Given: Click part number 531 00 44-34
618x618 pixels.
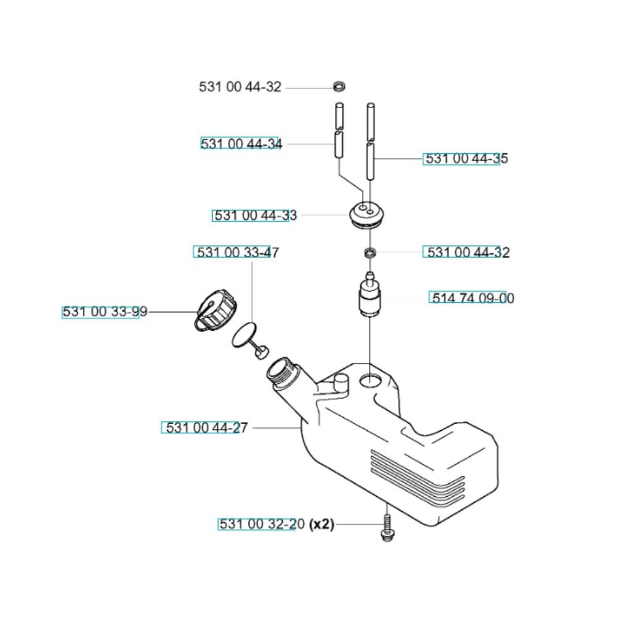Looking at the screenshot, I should click(x=242, y=144).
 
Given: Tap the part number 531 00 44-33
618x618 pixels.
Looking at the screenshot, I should click(x=255, y=216).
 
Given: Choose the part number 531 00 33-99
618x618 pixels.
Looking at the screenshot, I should click(x=105, y=312).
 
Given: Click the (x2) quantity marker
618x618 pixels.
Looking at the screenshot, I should click(x=321, y=525).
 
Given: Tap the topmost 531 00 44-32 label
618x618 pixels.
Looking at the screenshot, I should click(x=240, y=87).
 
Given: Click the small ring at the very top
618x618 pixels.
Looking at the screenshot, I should click(x=339, y=85).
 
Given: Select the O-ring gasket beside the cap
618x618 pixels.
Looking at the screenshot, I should click(x=244, y=334).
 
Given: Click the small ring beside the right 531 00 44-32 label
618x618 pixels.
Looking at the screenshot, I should click(x=370, y=252).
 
